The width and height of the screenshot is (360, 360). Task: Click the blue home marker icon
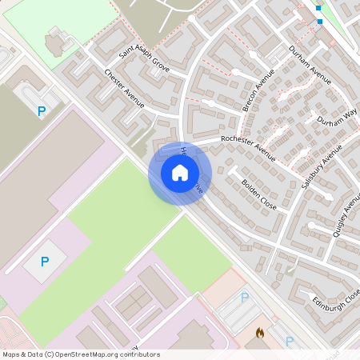(x=180, y=172)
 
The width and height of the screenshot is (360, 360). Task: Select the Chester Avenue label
(x=123, y=86)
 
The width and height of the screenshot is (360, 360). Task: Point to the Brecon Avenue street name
(x=258, y=90)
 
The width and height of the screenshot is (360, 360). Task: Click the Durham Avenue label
(x=310, y=64)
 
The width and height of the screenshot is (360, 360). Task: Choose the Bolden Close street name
(x=258, y=194)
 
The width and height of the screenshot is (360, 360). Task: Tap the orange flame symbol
(x=260, y=332)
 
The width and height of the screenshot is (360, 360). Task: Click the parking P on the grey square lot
(x=45, y=262)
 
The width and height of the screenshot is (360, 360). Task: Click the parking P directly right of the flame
(x=290, y=341)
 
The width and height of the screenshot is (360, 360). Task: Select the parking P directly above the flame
(x=245, y=297)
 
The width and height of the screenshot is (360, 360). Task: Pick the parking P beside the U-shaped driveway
(x=40, y=112)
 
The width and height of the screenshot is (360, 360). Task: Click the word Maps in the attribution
(x=11, y=354)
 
